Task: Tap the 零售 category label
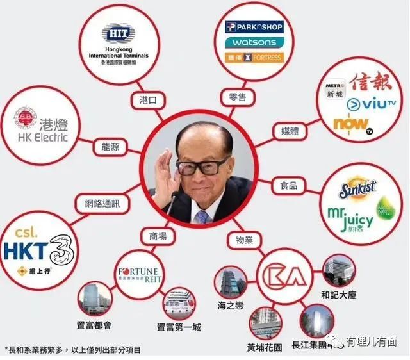click(238, 97)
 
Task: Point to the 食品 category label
click(289, 185)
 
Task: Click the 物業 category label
click(240, 240)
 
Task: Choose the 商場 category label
click(158, 236)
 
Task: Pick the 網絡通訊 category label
click(101, 204)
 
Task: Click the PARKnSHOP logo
click(254, 27)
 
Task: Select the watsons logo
click(254, 42)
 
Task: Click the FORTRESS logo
click(254, 57)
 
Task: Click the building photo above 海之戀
click(229, 284)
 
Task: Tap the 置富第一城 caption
click(179, 327)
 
